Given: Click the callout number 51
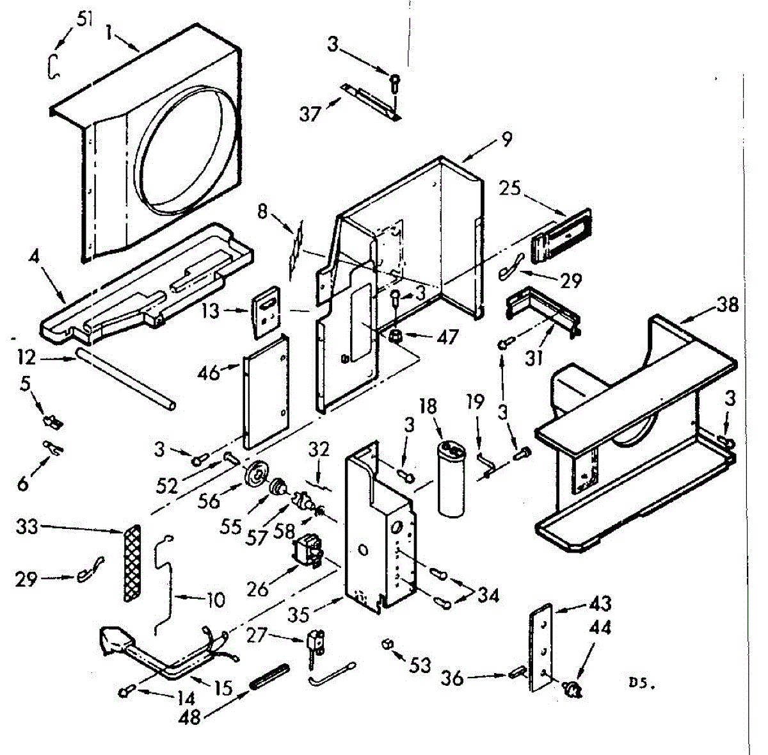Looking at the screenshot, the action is pos(84,19).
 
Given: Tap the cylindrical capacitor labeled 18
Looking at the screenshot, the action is pos(451,483).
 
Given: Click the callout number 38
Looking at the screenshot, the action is pos(728,305).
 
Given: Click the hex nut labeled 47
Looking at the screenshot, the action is pos(396,336).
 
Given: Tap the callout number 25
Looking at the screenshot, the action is pos(509,188).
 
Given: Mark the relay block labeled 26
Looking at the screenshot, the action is pos(308,551).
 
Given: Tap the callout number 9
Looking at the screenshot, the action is pos(506,139).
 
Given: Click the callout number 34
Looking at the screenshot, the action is pos(488,596).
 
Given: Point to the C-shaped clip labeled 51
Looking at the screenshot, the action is pos(54,66).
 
